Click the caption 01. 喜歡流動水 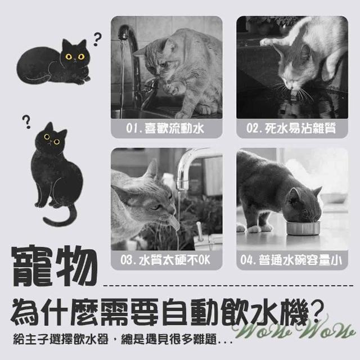[x=165, y=128]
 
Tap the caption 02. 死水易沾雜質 [x=291, y=128]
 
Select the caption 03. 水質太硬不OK [x=165, y=260]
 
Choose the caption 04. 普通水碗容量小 [x=291, y=260]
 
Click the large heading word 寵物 [x=54, y=266]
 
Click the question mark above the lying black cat [x=97, y=39]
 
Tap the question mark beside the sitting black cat [x=26, y=122]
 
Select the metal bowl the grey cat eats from [x=303, y=227]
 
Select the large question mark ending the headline [x=316, y=311]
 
